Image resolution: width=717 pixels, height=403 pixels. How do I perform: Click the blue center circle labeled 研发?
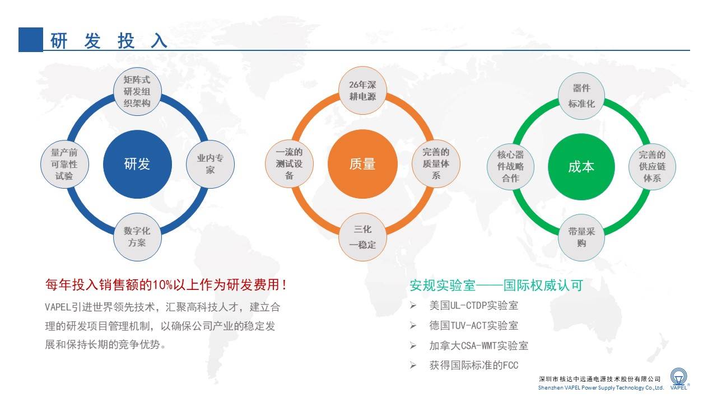tap(137, 164)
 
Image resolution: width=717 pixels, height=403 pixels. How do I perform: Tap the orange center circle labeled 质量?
tap(362, 164)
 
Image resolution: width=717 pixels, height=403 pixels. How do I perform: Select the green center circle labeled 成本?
tap(581, 167)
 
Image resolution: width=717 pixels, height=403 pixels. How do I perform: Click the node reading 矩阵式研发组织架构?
tap(137, 91)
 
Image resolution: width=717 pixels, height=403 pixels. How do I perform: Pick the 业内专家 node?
tap(210, 164)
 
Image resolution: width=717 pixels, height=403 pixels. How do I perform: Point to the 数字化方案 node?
tap(137, 237)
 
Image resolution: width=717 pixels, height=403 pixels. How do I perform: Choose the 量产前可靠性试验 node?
tap(64, 164)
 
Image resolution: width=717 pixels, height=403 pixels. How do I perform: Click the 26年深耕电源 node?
tap(362, 91)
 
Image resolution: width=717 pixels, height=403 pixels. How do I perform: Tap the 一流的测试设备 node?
tap(290, 164)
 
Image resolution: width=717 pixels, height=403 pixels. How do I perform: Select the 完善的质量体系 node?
tap(436, 164)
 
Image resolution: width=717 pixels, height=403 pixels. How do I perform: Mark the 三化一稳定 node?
tap(362, 237)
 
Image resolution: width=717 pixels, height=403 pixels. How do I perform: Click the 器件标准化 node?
tap(581, 96)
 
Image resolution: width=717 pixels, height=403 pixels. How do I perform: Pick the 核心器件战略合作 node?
tap(510, 167)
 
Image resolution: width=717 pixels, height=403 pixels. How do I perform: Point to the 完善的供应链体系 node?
tap(653, 167)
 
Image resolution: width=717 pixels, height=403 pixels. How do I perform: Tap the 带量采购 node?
tap(581, 238)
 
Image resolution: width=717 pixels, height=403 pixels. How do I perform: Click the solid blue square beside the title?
tap(31, 40)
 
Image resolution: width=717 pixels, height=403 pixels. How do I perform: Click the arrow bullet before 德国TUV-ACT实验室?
tap(413, 326)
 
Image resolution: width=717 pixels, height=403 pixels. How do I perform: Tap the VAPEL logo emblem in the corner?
tap(678, 377)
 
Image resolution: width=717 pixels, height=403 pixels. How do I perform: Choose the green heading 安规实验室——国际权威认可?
tap(496, 285)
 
